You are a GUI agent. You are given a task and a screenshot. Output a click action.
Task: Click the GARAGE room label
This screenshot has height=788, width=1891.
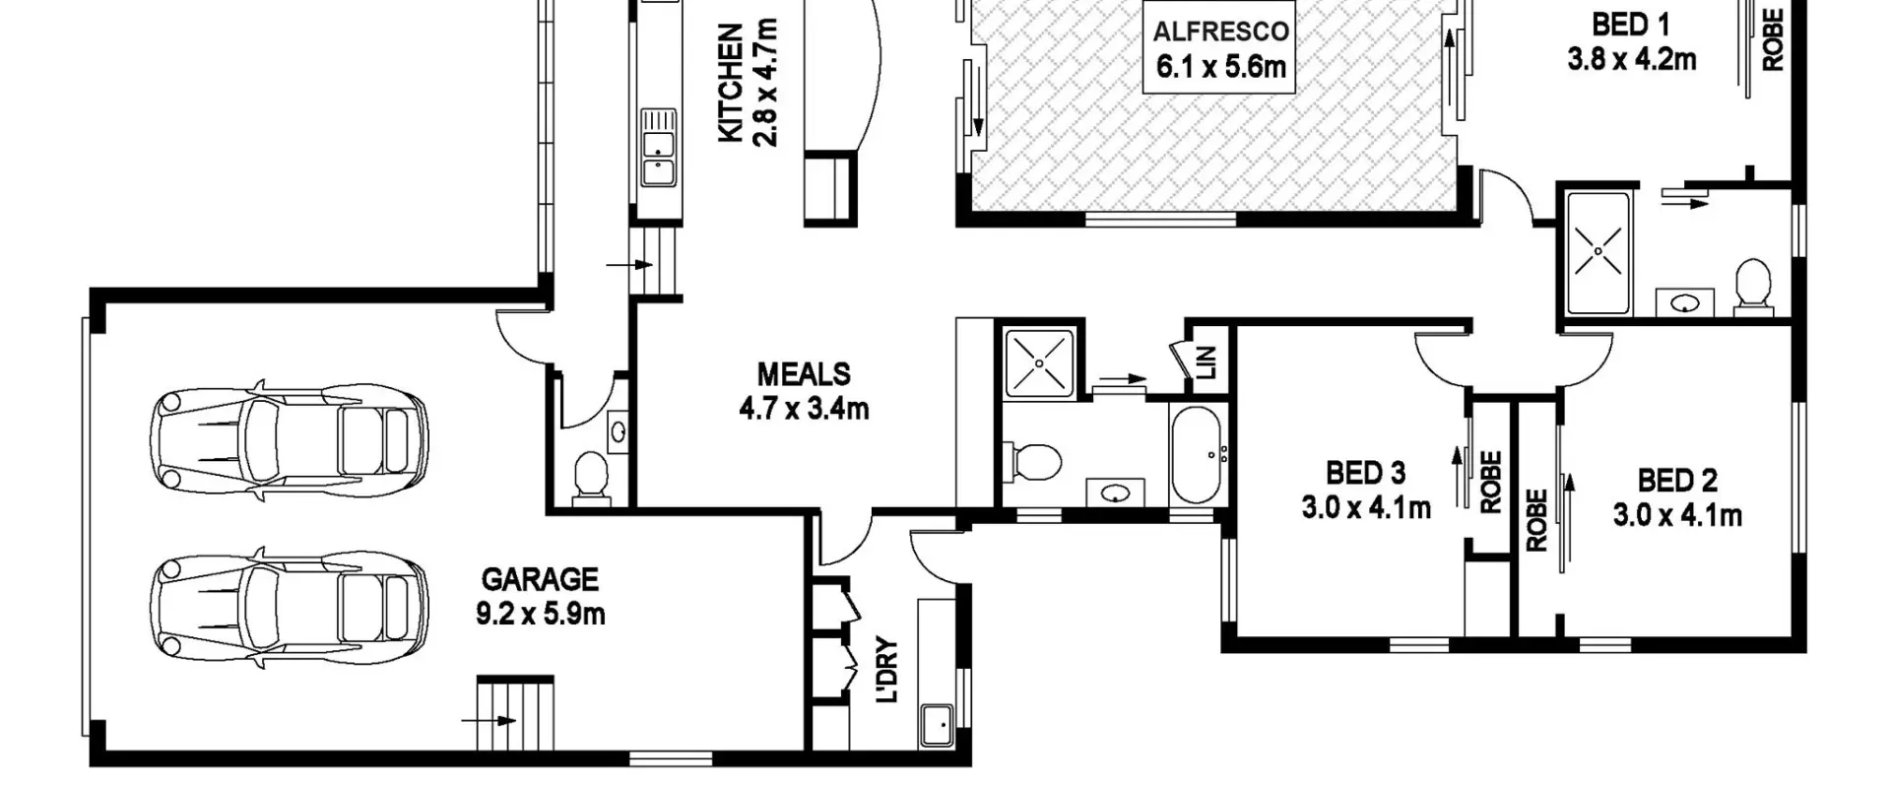539,579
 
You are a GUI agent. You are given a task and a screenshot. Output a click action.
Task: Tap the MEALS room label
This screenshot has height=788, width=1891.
804,374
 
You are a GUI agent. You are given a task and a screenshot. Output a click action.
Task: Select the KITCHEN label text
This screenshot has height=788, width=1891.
731,85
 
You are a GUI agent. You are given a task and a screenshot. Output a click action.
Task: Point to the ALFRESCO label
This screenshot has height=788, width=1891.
1221,32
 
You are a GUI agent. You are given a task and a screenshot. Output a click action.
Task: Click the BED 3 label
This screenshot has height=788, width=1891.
1365,474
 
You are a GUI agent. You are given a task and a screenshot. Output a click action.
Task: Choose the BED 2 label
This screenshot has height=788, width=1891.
1677,481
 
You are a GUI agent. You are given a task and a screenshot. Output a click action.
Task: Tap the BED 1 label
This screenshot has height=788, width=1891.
1632,24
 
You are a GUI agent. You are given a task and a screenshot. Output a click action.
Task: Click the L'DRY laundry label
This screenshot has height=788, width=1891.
887,671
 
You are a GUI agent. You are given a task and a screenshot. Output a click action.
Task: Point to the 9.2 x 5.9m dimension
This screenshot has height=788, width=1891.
540,614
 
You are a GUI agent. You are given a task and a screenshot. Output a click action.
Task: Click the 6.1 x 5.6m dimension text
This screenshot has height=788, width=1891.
1221,67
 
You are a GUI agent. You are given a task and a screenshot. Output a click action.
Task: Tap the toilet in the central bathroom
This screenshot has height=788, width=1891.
1031,461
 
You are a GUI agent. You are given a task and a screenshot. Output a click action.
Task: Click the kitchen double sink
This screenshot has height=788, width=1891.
657,147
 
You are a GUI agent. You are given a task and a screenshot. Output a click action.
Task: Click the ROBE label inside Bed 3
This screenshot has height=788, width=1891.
1490,483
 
